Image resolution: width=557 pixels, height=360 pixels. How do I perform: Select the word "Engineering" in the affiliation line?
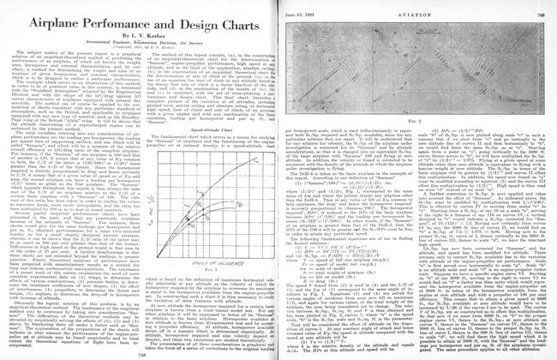133,39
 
